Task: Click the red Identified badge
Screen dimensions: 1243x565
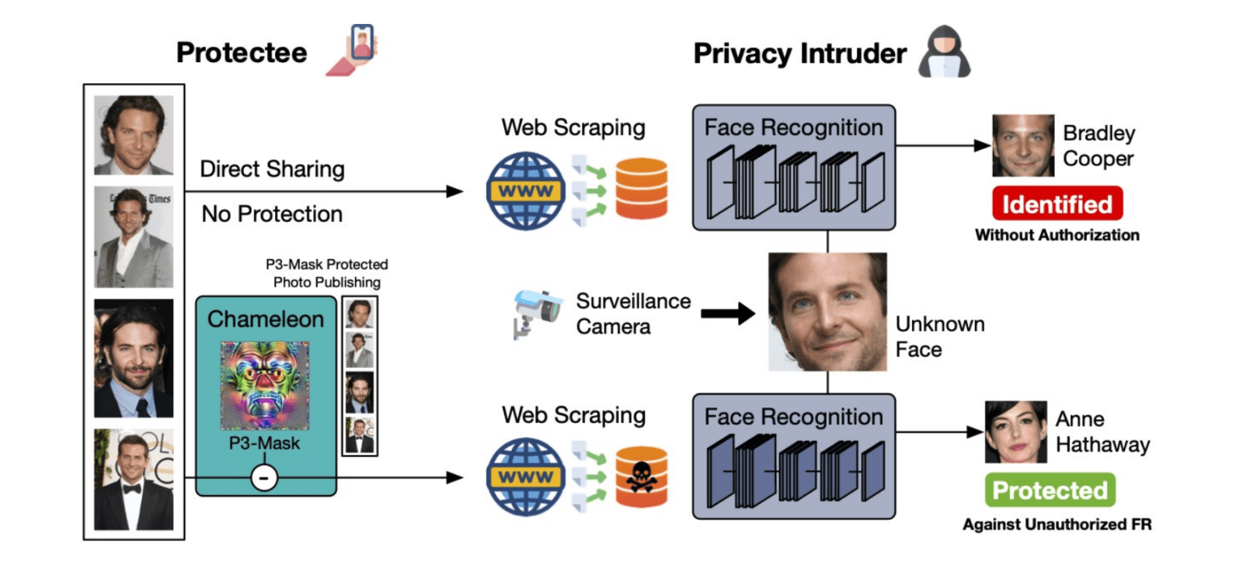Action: coord(1057,203)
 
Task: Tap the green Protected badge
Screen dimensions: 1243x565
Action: coord(1050,490)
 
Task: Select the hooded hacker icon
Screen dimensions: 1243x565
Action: coord(945,51)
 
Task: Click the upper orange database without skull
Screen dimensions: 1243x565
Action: coord(642,188)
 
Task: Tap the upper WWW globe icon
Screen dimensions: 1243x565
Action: coord(525,191)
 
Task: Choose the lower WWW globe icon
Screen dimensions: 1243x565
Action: coord(525,477)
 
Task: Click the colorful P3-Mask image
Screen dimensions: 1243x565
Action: coord(265,386)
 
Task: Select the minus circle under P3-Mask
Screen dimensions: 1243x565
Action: coord(264,477)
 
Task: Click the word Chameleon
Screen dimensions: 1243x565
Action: coord(265,319)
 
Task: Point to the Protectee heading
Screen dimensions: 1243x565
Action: coord(242,53)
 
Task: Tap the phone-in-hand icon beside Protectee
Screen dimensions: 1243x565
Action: coord(353,50)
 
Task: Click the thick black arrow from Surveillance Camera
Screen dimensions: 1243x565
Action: coord(727,314)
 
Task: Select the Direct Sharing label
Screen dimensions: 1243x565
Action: coord(272,168)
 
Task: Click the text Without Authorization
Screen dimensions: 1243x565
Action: coord(1057,235)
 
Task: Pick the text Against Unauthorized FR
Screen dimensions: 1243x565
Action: coord(1057,524)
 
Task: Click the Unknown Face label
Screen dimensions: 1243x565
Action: coord(940,337)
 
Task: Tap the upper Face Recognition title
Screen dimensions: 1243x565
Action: coord(793,127)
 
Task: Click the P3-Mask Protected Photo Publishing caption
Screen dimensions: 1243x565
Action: coord(327,272)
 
